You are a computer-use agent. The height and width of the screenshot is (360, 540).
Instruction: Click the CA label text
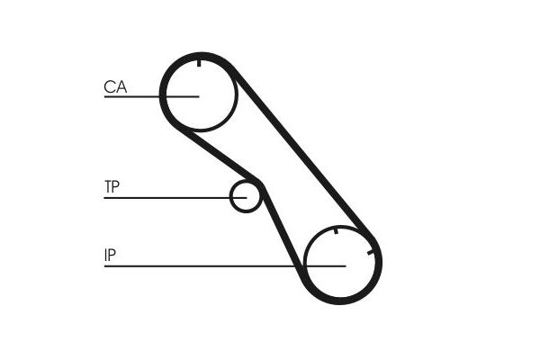click(115, 86)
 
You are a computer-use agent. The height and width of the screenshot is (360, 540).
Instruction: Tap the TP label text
click(112, 186)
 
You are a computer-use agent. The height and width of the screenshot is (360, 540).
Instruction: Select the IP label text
click(110, 255)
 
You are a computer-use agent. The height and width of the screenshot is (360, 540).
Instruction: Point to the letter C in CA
click(109, 86)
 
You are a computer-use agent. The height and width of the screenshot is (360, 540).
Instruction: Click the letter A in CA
click(121, 86)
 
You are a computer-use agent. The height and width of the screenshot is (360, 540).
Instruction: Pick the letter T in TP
click(108, 186)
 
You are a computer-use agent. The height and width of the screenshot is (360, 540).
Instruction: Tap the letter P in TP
click(116, 186)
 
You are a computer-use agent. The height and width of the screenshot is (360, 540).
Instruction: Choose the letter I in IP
click(105, 255)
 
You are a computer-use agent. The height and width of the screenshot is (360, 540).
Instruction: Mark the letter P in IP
click(112, 255)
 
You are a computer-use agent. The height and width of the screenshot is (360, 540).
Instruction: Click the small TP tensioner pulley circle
click(230, 197)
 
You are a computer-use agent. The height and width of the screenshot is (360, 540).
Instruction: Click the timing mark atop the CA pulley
click(199, 63)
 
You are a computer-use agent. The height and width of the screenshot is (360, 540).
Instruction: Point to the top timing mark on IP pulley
click(337, 230)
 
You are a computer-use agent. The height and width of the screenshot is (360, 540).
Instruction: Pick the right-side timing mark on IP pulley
click(371, 253)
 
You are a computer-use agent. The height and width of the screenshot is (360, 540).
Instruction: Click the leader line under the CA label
click(151, 97)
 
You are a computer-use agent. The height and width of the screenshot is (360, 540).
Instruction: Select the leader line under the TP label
click(175, 198)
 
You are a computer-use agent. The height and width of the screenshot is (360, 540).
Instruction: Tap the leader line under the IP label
click(225, 266)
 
